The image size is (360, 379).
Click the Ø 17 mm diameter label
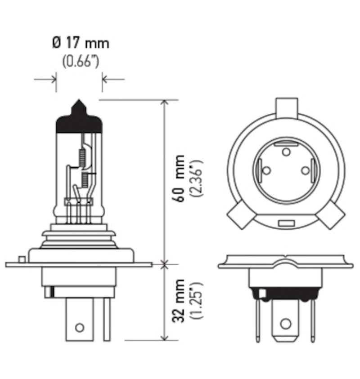(80, 44)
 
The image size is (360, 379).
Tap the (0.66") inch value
(81, 61)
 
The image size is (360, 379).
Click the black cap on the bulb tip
(78, 119)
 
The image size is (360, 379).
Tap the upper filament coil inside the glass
(82, 156)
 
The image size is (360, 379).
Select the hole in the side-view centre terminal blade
(80, 327)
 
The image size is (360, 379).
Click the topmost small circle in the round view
(286, 152)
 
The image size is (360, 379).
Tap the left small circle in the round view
(266, 170)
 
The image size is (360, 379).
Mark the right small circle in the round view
(306, 170)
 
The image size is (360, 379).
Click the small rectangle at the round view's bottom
(285, 223)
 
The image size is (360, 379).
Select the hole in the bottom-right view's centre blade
(285, 323)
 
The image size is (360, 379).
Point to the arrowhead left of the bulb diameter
(53, 79)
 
